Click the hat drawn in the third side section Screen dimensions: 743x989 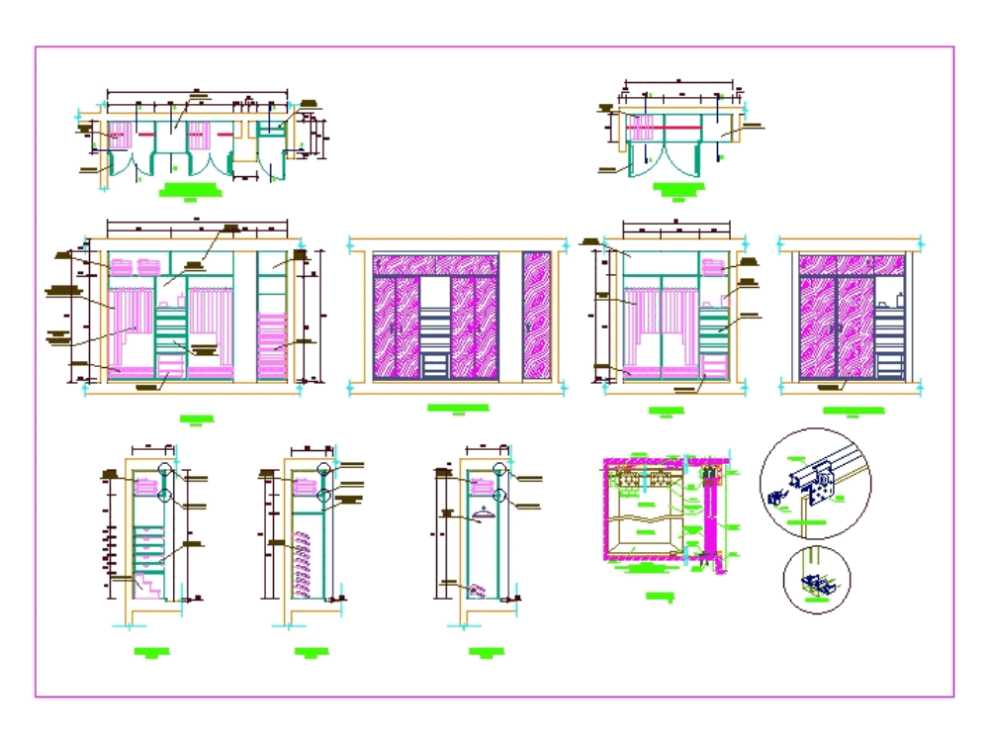point(483,513)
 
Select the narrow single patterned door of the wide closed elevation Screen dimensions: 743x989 point(537,316)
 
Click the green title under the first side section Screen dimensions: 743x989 point(150,651)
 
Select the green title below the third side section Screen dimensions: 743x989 point(485,651)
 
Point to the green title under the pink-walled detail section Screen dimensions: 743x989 point(658,596)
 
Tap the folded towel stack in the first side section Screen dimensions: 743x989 point(145,485)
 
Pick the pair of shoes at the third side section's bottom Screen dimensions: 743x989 point(479,590)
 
